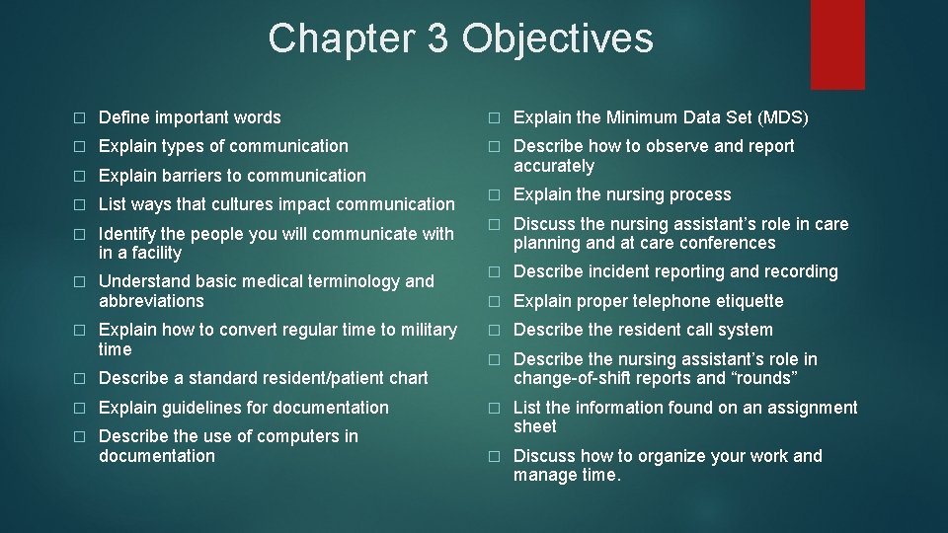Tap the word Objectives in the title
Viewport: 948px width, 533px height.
[x=557, y=38]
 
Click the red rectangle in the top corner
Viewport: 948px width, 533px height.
[x=837, y=43]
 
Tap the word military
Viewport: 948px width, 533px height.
[x=427, y=330]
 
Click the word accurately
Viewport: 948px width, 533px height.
[x=554, y=166]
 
